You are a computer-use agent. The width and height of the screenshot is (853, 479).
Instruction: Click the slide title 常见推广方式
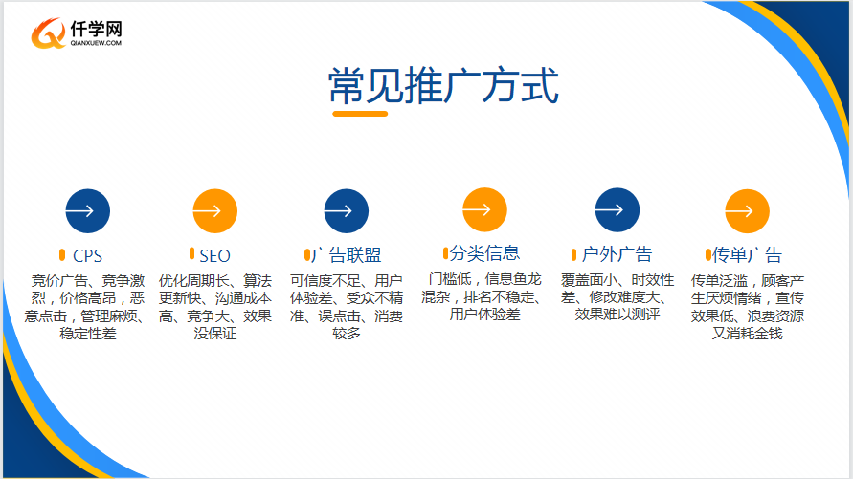[443, 85]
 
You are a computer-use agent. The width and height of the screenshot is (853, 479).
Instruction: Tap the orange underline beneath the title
[360, 114]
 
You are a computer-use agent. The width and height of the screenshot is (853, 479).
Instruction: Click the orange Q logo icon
[49, 33]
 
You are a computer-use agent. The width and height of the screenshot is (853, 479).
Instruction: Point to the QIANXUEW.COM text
[96, 43]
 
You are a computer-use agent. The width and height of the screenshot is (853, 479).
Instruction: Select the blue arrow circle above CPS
[87, 210]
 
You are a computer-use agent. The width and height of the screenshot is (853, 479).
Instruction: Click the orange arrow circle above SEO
[214, 210]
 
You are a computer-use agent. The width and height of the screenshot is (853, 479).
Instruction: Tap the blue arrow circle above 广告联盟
[346, 210]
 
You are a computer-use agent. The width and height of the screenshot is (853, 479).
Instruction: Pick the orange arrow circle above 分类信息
[484, 209]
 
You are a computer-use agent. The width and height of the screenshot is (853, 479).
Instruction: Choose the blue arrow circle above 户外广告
[617, 209]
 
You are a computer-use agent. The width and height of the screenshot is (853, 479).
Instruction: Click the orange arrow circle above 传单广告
[747, 210]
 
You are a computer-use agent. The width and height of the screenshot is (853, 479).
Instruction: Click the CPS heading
[87, 255]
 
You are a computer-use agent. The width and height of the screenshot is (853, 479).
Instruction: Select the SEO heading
[214, 255]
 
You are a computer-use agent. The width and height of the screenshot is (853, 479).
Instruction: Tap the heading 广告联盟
[347, 254]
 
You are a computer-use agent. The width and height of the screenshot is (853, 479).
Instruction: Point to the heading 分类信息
[484, 253]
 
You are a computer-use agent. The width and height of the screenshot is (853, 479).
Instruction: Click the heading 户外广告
[617, 254]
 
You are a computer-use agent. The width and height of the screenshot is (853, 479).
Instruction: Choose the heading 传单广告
[747, 254]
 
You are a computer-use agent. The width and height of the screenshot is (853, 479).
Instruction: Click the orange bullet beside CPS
[62, 254]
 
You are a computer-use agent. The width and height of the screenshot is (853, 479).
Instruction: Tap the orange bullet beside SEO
[191, 253]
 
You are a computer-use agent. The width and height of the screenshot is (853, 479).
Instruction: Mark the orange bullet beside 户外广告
[573, 254]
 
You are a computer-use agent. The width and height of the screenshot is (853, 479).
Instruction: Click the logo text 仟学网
[97, 29]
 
